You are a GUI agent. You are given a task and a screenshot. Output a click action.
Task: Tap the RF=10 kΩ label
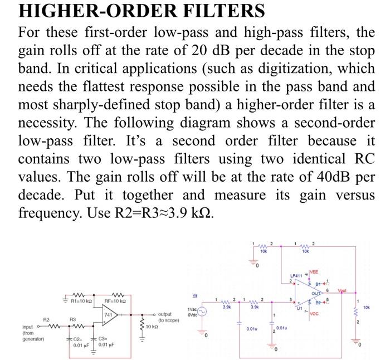point(118,301)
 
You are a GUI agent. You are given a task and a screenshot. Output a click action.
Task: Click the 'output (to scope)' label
point(169,317)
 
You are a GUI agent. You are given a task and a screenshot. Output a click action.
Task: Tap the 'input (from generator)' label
point(31,333)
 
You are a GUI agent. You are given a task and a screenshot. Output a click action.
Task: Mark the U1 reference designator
point(299,307)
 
